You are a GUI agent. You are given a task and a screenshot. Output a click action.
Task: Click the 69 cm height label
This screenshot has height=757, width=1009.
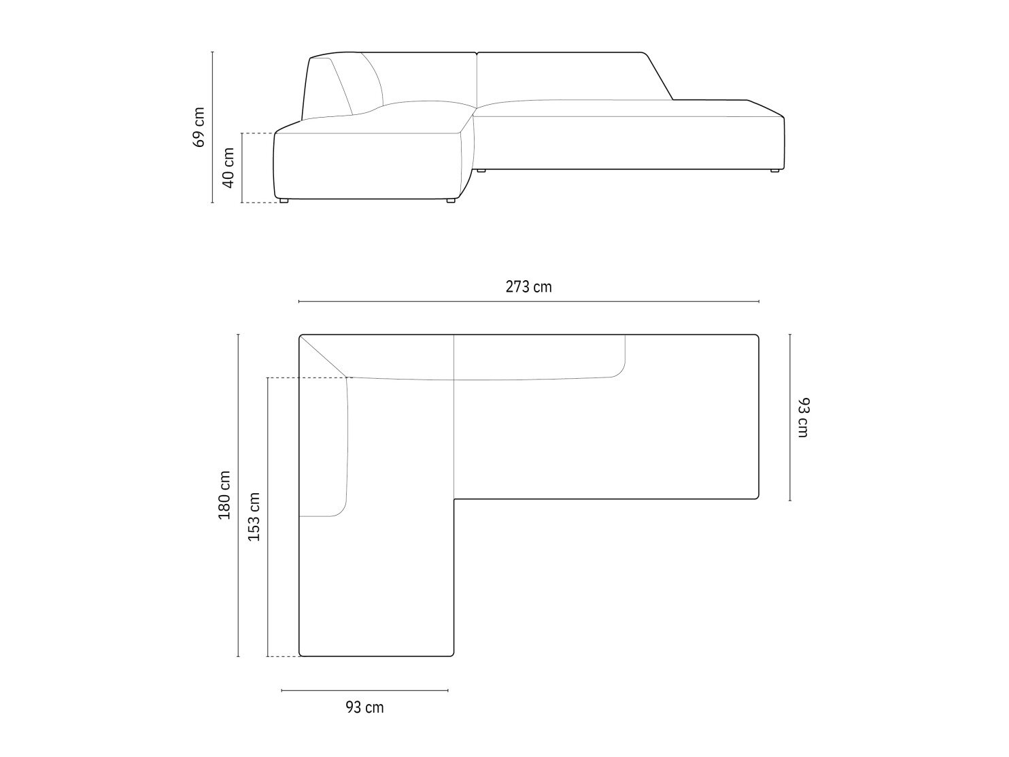pyautogui.click(x=199, y=127)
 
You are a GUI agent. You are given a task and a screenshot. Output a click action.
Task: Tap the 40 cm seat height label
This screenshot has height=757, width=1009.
pyautogui.click(x=228, y=168)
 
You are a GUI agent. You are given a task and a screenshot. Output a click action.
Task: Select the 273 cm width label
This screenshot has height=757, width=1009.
pyautogui.click(x=528, y=287)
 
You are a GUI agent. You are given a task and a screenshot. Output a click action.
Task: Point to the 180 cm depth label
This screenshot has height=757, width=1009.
pyautogui.click(x=224, y=495)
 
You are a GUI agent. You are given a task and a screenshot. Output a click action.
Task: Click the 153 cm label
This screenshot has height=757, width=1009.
pyautogui.click(x=254, y=517)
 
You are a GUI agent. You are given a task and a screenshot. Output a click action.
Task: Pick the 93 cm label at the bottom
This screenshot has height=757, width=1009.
pyautogui.click(x=364, y=707)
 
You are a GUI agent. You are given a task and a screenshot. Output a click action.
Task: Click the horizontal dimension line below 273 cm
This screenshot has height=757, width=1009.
pyautogui.click(x=528, y=301)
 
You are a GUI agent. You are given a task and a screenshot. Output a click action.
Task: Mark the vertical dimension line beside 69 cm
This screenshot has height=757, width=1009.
pyautogui.click(x=212, y=127)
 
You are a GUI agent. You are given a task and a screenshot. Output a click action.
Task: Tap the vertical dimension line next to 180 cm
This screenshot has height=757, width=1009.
pyautogui.click(x=238, y=495)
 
